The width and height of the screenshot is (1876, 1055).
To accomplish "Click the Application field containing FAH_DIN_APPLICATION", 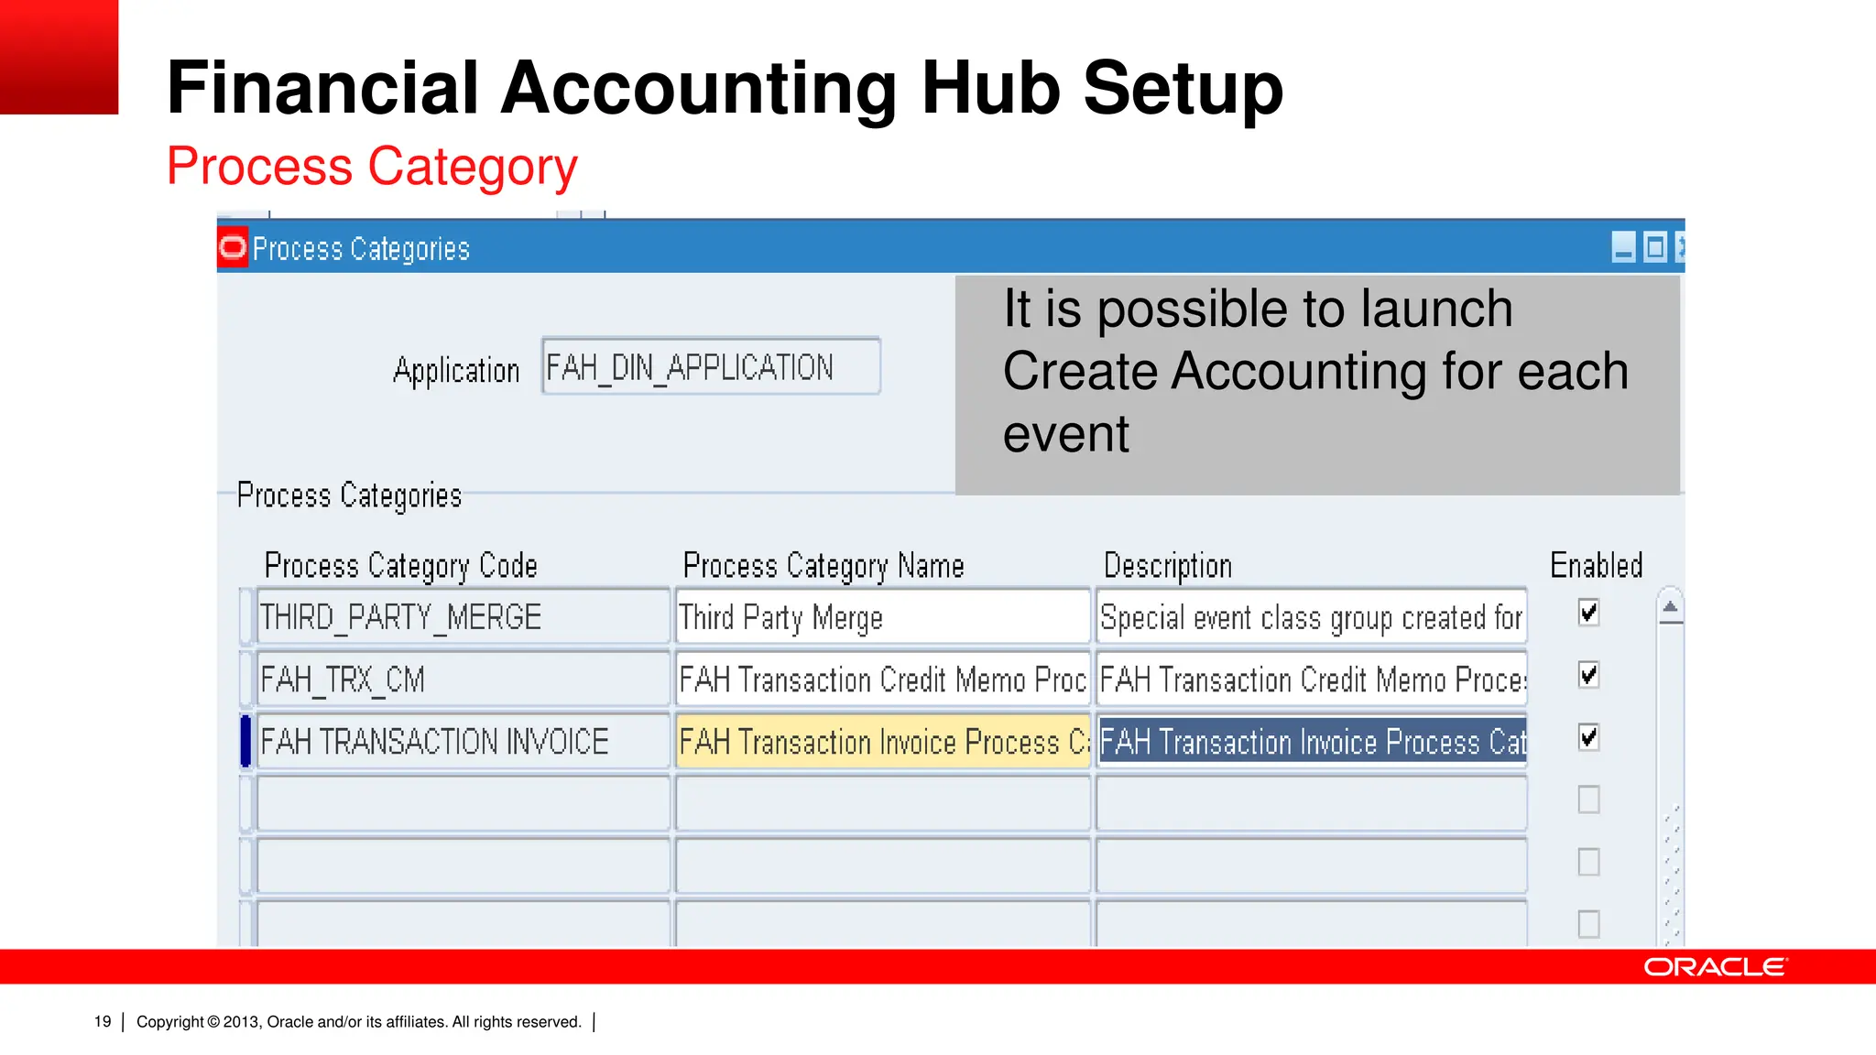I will (711, 367).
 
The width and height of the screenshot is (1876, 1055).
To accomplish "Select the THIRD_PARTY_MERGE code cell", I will (463, 617).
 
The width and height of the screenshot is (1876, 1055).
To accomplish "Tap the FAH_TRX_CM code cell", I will (463, 680).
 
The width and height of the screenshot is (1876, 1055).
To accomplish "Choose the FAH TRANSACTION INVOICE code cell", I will (463, 742).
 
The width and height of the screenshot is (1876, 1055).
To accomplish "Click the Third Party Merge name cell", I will (882, 617).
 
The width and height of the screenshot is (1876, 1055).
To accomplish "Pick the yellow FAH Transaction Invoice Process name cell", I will (882, 742).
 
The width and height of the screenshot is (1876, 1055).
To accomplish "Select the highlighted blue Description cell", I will (1312, 742).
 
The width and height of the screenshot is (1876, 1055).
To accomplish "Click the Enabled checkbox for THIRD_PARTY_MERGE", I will (1589, 613).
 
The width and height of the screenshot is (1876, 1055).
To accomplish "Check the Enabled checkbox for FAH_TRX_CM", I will (1589, 675).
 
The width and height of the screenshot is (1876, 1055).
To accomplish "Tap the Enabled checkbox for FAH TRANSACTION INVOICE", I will (1589, 737).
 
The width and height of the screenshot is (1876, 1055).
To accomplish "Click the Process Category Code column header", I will (400, 566).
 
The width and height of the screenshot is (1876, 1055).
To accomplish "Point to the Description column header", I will (1167, 566).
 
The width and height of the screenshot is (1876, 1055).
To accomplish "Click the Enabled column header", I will (1596, 565).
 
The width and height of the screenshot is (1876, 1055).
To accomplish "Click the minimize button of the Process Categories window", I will (1623, 247).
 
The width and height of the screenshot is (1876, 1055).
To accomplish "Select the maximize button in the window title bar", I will (1655, 247).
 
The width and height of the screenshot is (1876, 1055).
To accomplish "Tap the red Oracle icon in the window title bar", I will (233, 247).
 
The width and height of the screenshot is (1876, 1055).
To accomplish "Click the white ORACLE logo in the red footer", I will (1715, 967).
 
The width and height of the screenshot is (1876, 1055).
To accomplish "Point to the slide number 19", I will (103, 1022).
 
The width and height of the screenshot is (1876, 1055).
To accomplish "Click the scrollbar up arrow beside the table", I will (1670, 607).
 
